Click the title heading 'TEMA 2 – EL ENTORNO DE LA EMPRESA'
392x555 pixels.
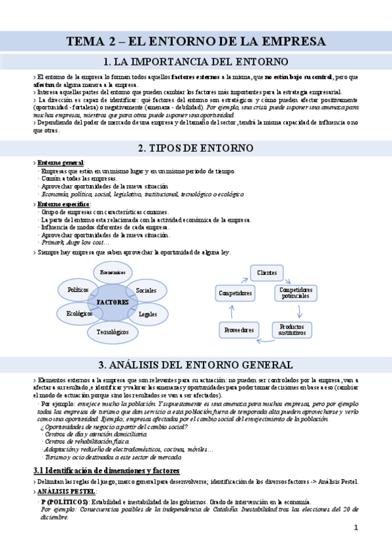pyautogui.click(x=196, y=42)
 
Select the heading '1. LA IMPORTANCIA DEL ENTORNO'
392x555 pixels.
pyautogui.click(x=196, y=62)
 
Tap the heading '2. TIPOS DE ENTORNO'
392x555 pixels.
pyautogui.click(x=196, y=148)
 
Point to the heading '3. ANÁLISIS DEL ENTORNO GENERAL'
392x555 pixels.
pyautogui.click(x=196, y=365)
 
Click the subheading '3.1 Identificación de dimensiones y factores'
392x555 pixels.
pyautogui.click(x=106, y=470)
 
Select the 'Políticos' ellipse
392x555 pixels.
pyautogui.click(x=78, y=289)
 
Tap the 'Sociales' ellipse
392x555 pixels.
pyautogui.click(x=145, y=290)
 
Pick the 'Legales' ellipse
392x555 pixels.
pyautogui.click(x=147, y=314)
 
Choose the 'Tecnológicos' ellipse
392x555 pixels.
pyautogui.click(x=113, y=331)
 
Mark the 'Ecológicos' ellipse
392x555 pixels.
pyautogui.click(x=79, y=313)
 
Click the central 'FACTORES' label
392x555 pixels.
pyautogui.click(x=113, y=302)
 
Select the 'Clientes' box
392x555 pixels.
pyautogui.click(x=266, y=272)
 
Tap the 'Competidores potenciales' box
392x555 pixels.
pyautogui.click(x=296, y=293)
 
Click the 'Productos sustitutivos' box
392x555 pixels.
pyautogui.click(x=292, y=329)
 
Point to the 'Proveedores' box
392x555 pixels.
pyautogui.click(x=238, y=330)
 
